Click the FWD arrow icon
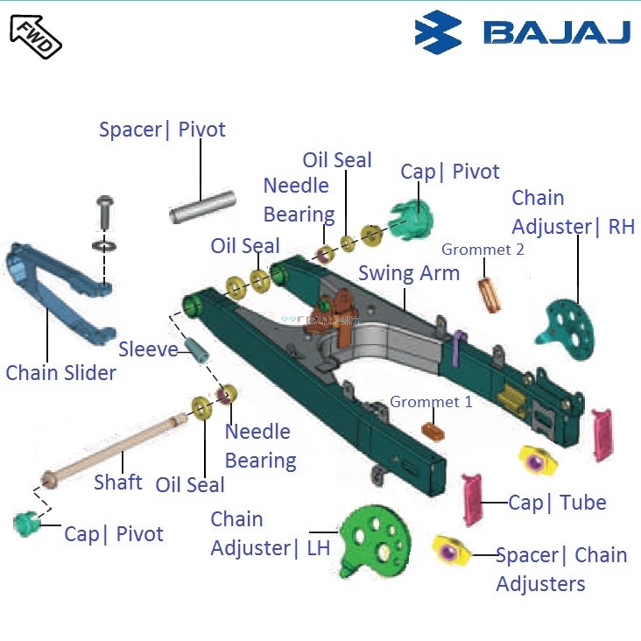35,36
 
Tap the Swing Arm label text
408,273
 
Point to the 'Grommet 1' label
431,402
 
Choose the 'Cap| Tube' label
557,503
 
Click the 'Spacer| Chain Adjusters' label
560,569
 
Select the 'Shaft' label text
117,483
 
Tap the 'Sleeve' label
148,349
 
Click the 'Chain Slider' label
60,373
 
